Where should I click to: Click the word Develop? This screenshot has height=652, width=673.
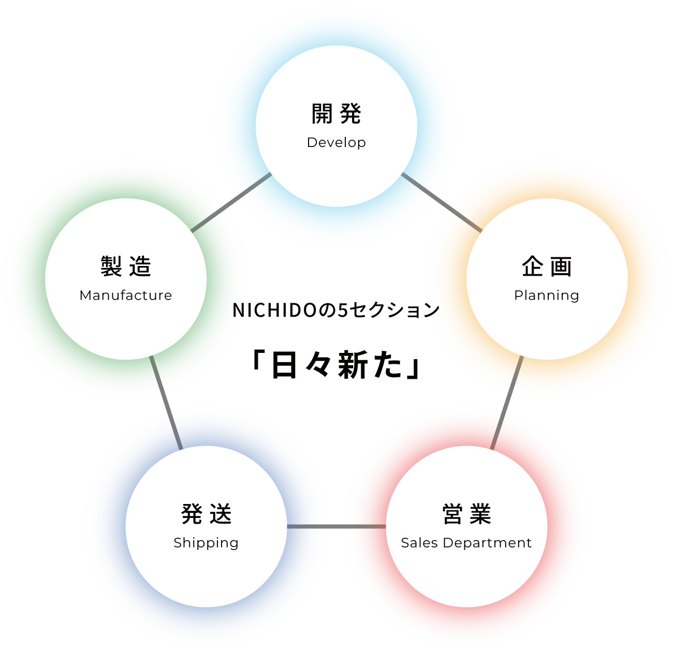click(336, 142)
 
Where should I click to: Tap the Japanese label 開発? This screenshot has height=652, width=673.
click(336, 114)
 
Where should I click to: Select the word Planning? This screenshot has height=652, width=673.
click(547, 295)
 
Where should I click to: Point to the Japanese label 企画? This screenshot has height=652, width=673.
click(547, 267)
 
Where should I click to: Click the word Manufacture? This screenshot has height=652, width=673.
click(126, 295)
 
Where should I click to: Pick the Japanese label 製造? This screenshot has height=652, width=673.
click(126, 267)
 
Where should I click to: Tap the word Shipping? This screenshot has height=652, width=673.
click(206, 543)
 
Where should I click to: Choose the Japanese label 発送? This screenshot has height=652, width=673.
click(206, 514)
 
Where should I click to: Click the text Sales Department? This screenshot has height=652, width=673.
click(466, 543)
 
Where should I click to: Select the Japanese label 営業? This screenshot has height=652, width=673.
click(466, 514)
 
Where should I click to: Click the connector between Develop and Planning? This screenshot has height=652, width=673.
click(442, 202)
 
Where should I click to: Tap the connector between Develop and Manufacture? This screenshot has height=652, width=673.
click(231, 202)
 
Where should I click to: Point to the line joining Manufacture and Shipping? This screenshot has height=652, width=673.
click(166, 403)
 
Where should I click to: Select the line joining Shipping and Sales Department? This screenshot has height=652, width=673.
click(336, 526)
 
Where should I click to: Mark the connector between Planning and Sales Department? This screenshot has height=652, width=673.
click(507, 403)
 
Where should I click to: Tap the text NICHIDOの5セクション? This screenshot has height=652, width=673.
click(336, 310)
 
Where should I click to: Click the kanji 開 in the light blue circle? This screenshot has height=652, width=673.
click(322, 114)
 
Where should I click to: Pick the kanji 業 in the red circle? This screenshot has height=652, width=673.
click(481, 514)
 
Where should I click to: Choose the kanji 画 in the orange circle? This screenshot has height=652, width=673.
click(561, 267)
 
